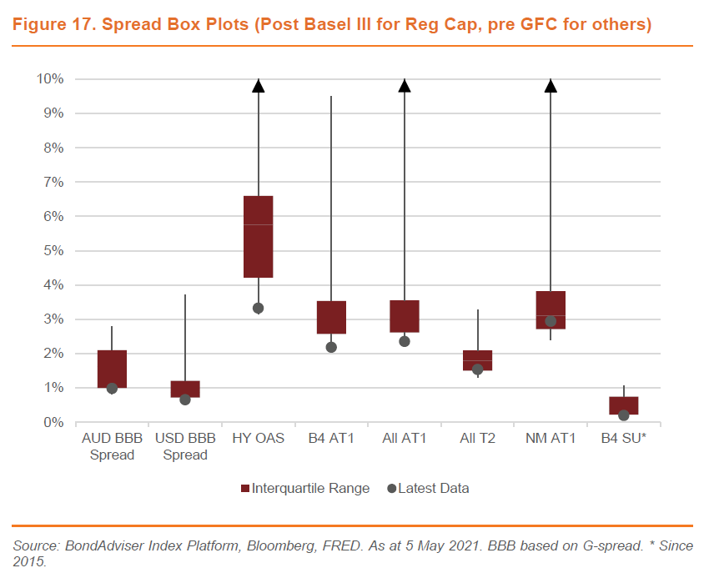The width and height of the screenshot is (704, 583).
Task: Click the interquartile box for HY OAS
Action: [x=258, y=236]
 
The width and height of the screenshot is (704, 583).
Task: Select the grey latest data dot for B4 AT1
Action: [x=331, y=347]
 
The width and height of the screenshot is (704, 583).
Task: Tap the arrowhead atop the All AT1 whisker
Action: [x=405, y=85]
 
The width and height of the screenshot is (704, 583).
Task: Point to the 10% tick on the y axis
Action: [x=51, y=79]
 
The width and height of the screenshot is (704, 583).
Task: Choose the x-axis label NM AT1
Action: [x=551, y=438]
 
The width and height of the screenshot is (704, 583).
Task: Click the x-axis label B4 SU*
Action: [x=623, y=438]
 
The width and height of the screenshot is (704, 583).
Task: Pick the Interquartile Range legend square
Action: [x=245, y=489]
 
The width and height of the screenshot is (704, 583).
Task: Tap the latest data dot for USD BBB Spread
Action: [x=185, y=400]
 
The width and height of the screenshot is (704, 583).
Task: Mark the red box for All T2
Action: [x=477, y=360]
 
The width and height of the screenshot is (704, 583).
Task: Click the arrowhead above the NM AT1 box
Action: [x=551, y=85]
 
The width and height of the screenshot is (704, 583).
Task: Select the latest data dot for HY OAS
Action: [x=258, y=309]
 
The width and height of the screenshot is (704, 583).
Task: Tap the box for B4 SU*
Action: [x=623, y=405]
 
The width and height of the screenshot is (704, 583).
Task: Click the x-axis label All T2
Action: [x=477, y=438]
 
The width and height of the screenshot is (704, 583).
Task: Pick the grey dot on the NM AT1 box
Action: [x=551, y=321]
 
